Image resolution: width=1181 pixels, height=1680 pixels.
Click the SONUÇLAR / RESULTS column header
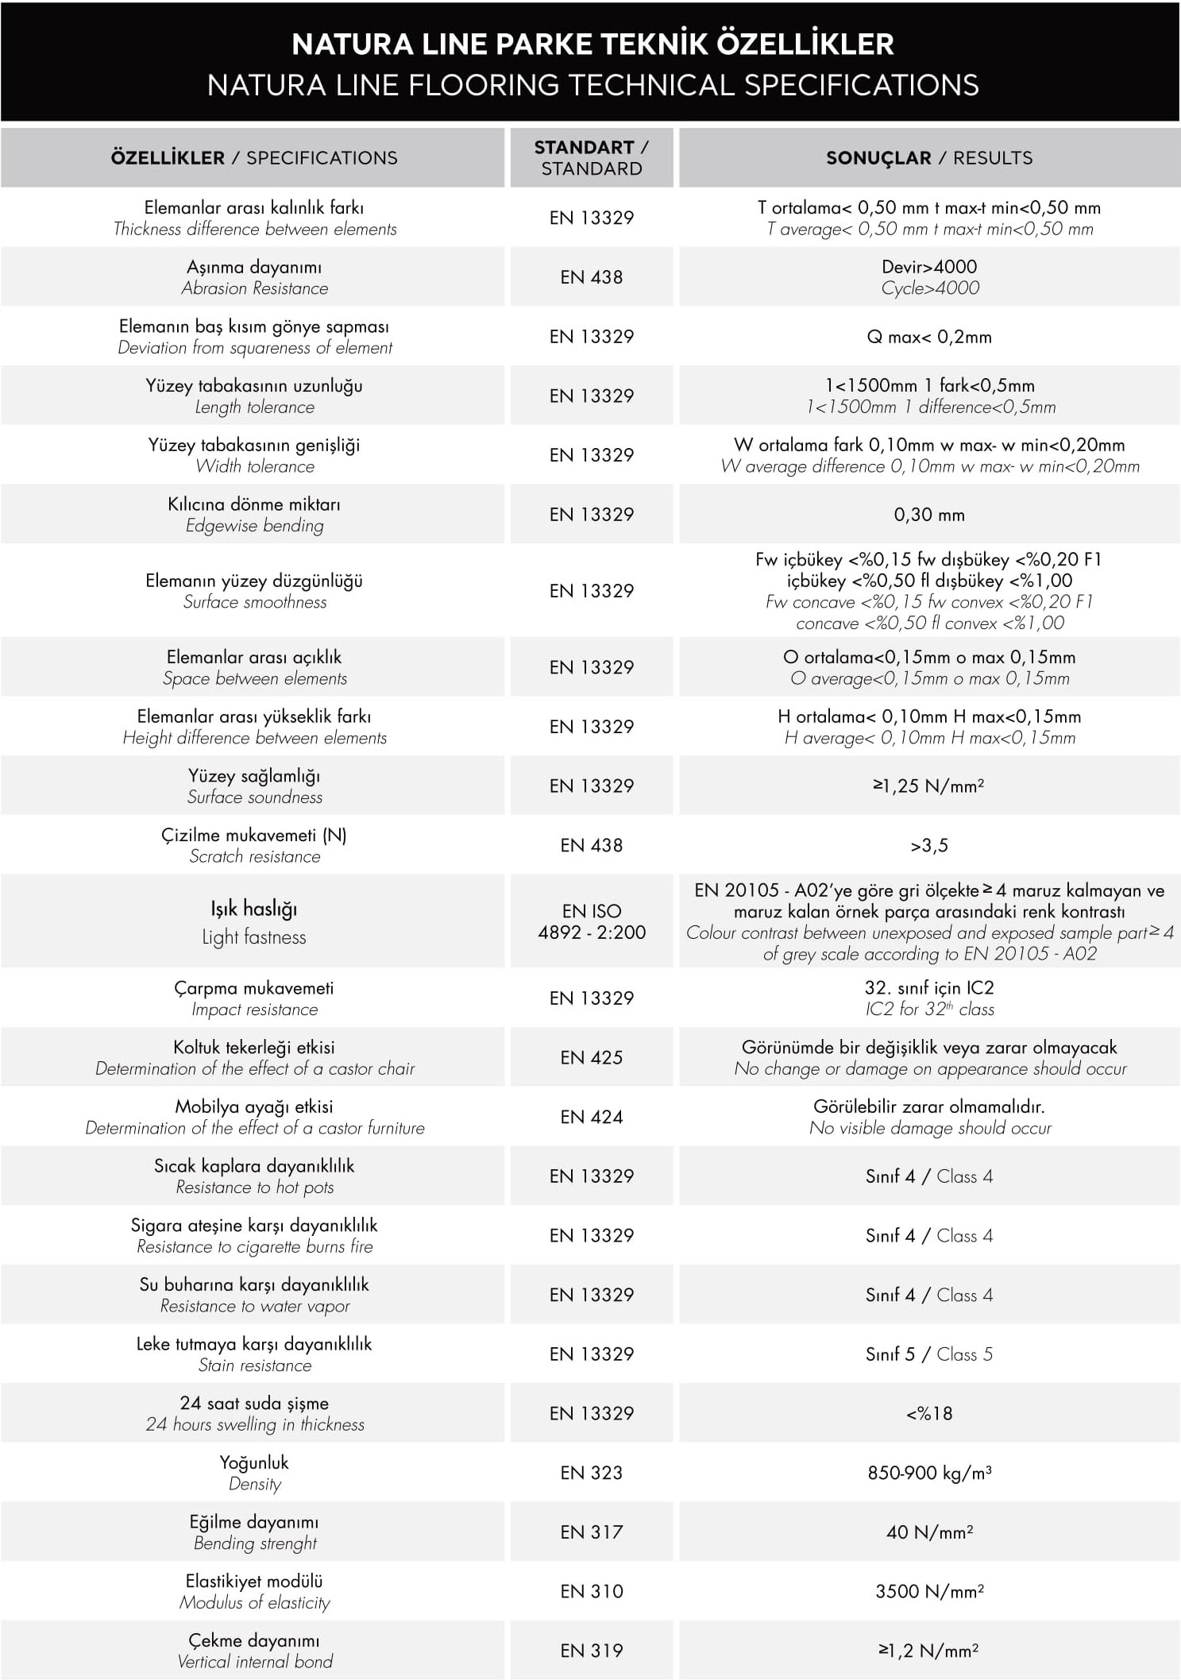[x=929, y=157]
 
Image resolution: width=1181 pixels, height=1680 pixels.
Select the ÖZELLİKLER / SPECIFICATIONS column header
[x=254, y=157]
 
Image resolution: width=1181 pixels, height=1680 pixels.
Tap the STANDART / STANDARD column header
[x=592, y=157]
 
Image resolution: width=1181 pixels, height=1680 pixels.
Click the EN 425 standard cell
[x=592, y=1057]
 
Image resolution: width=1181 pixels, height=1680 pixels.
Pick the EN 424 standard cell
[x=592, y=1117]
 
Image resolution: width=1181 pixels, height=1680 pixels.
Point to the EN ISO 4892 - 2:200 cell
[x=592, y=921]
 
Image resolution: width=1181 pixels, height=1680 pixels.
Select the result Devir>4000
[x=929, y=268]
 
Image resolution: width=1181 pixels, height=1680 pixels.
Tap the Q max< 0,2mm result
[x=929, y=337]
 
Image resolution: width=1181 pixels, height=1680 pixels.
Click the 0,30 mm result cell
[x=929, y=515]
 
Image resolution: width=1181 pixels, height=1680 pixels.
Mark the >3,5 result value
[x=929, y=846]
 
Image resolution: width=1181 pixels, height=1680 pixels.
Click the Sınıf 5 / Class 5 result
[x=929, y=1354]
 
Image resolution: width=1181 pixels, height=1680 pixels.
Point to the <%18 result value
[x=929, y=1414]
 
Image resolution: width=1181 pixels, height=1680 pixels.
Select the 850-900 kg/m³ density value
[x=929, y=1473]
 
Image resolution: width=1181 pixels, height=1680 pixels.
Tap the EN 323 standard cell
[x=592, y=1473]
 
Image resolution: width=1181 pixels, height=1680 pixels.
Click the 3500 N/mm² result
[x=929, y=1592]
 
